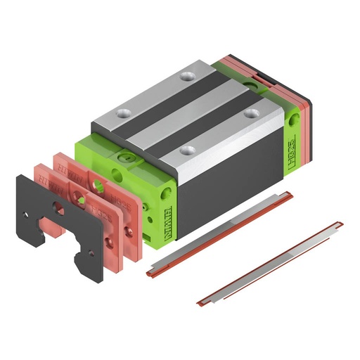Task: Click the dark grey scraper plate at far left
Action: (32, 211)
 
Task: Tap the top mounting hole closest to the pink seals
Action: (124, 112)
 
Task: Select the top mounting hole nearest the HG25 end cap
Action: (250, 112)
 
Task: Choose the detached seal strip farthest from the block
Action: (271, 264)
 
